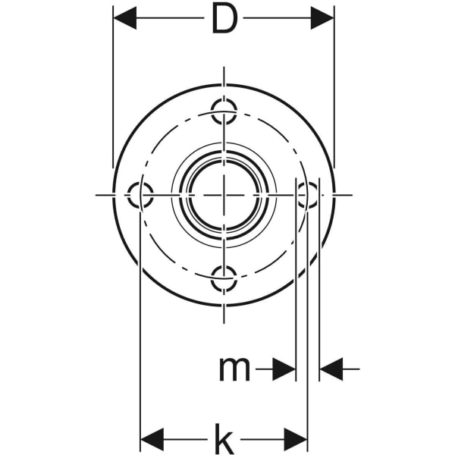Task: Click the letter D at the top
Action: [x=224, y=20]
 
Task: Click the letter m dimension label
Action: [x=234, y=369]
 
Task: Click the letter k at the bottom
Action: [x=223, y=438]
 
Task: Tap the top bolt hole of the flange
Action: [x=224, y=111]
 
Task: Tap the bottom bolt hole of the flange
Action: [x=224, y=278]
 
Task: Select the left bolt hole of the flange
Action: [x=140, y=195]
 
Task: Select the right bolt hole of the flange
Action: [x=307, y=195]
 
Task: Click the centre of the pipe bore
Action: [x=224, y=195]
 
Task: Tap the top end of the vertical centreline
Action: [x=224, y=68]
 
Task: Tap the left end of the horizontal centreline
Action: [x=96, y=195]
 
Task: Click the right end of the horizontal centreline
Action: [x=352, y=195]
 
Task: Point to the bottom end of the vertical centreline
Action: [x=224, y=323]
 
